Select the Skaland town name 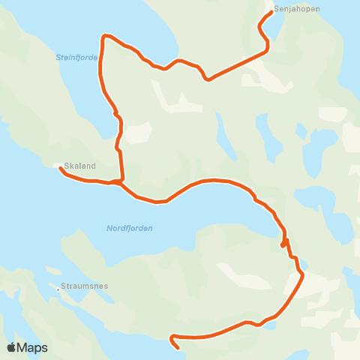pyautogui.click(x=79, y=166)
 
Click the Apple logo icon pyautogui.click(x=12, y=347)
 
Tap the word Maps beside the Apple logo pyautogui.click(x=33, y=347)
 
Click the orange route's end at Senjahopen pyautogui.click(x=270, y=12)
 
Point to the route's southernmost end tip pyautogui.click(x=178, y=348)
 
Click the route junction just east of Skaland pyautogui.click(x=118, y=181)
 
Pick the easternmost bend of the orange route pyautogui.click(x=302, y=276)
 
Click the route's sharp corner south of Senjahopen pyautogui.click(x=268, y=50)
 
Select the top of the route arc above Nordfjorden pyautogui.click(x=214, y=180)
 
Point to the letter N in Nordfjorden pyautogui.click(x=109, y=228)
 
